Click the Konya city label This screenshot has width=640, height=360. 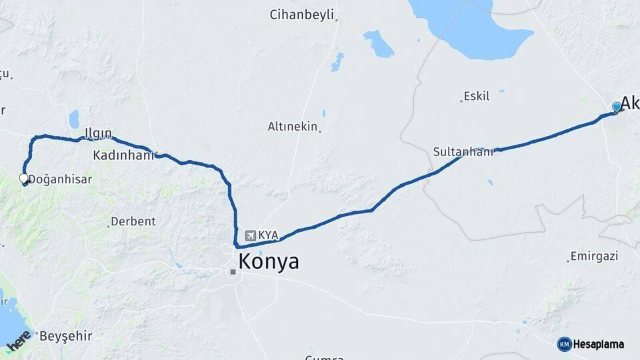click(269, 262)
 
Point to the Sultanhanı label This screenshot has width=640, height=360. click(463, 151)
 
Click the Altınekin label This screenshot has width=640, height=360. click(292, 126)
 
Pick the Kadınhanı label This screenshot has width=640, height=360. click(123, 155)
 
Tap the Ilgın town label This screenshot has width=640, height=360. click(98, 133)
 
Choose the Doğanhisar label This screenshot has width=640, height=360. click(60, 179)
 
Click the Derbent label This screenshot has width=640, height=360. click(133, 221)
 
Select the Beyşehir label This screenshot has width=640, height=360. click(65, 336)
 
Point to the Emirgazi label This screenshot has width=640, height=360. click(595, 256)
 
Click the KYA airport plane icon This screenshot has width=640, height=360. click(250, 235)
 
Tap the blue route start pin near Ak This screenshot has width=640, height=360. click(617, 107)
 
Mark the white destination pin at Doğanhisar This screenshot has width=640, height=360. click(24, 179)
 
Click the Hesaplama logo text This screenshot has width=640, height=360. click(599, 344)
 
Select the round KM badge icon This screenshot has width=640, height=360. click(564, 344)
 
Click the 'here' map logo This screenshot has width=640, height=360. click(19, 341)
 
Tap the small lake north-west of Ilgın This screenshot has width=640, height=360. click(73, 119)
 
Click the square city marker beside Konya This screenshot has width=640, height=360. click(232, 271)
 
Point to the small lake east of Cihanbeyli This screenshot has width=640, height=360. click(378, 44)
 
